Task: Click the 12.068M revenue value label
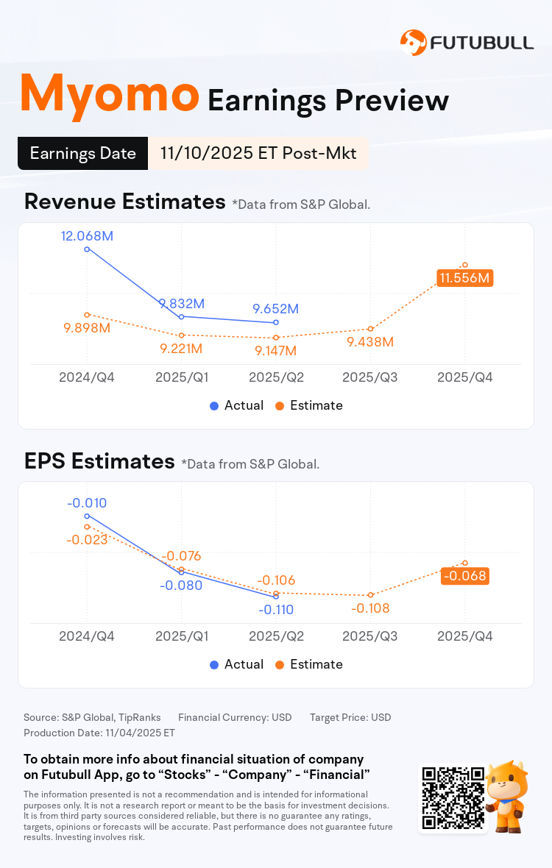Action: coord(88,236)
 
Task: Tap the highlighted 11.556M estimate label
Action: coord(464,278)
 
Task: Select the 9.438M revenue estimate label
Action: coord(370,342)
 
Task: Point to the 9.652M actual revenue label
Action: coord(276,308)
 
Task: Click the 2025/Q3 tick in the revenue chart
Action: coord(370,377)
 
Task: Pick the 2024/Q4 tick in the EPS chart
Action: coord(87,636)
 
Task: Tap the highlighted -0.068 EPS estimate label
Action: coord(465,575)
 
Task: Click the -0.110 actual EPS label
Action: coord(276,609)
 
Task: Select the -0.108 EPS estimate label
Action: coord(370,608)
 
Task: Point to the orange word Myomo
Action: coord(109,94)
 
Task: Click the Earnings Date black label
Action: coord(83,153)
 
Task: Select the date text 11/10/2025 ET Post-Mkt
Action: coord(258,153)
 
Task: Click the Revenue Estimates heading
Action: coord(125,202)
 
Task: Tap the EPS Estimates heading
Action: coord(99,461)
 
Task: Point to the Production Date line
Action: coord(99,733)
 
